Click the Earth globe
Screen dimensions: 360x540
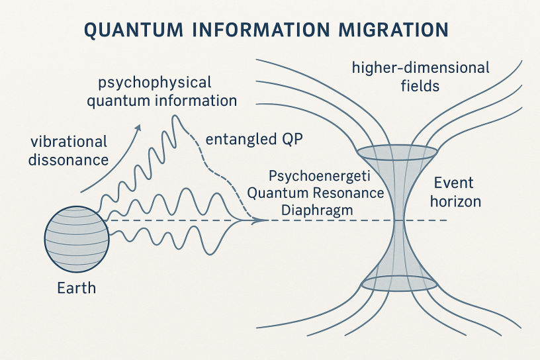(77, 236)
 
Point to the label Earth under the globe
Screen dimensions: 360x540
(76, 289)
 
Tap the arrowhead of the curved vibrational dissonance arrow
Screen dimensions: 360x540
(138, 128)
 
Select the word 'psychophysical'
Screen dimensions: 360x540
(154, 83)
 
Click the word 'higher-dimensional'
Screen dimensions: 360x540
(420, 67)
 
